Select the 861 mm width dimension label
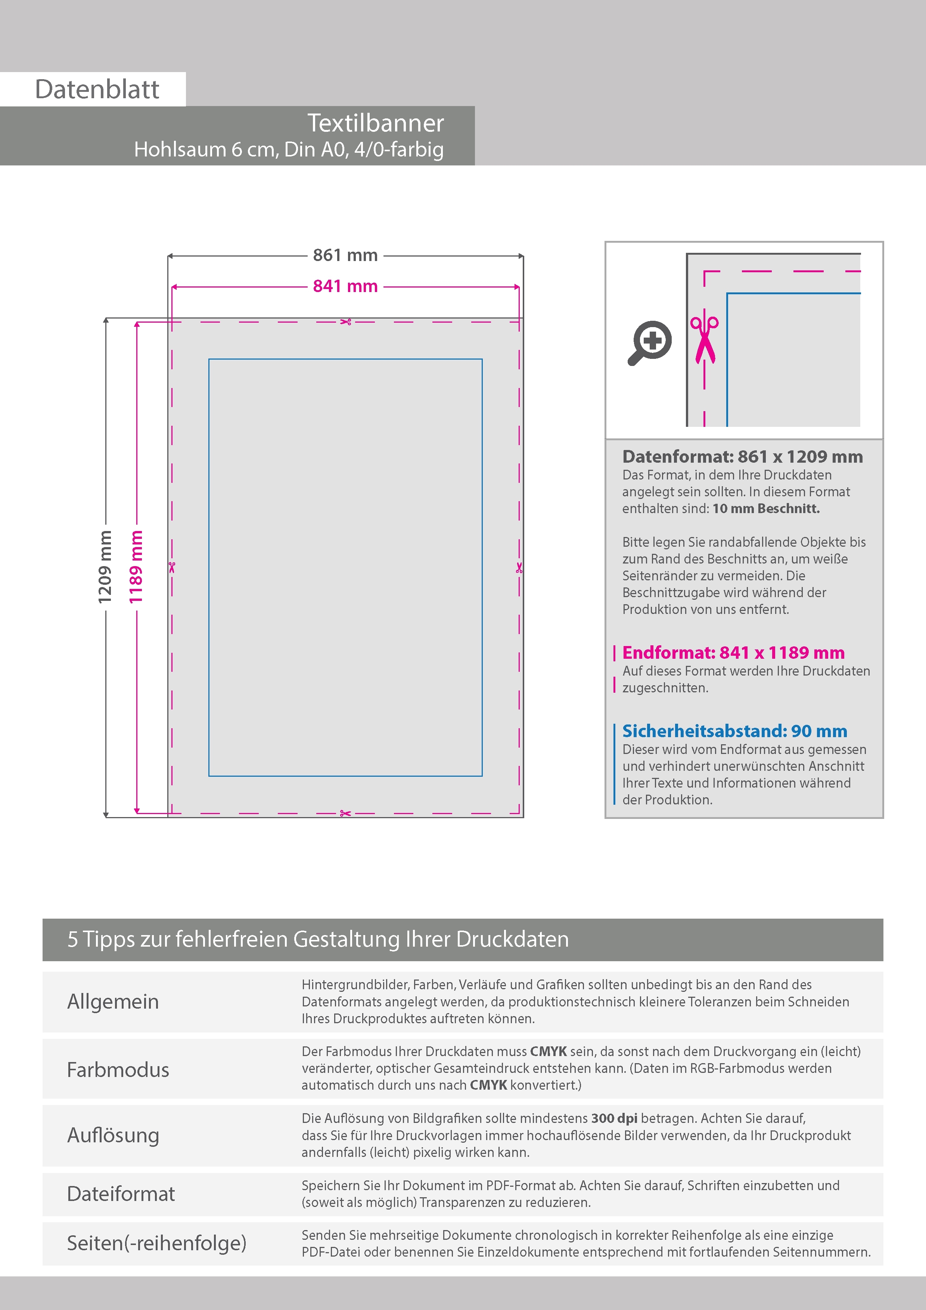(345, 255)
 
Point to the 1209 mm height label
(105, 566)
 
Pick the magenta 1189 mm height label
(136, 566)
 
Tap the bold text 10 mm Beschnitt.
(766, 508)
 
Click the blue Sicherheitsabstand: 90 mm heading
(734, 731)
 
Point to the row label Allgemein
(113, 1001)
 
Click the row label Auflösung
(113, 1135)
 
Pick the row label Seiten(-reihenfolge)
(156, 1243)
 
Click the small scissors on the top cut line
(345, 322)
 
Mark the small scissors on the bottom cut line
(345, 813)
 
